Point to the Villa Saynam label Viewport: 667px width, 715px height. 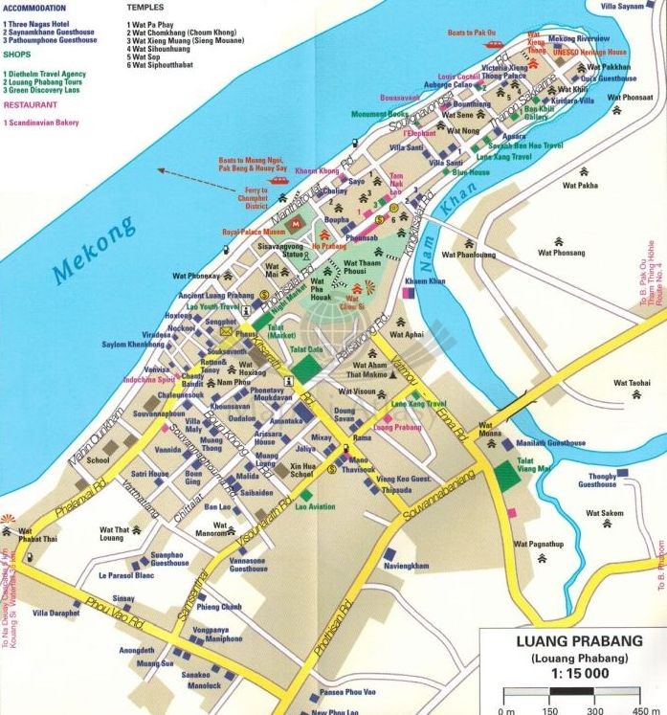pyautogui.click(x=635, y=6)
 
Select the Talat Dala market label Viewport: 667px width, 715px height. pyautogui.click(x=314, y=349)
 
